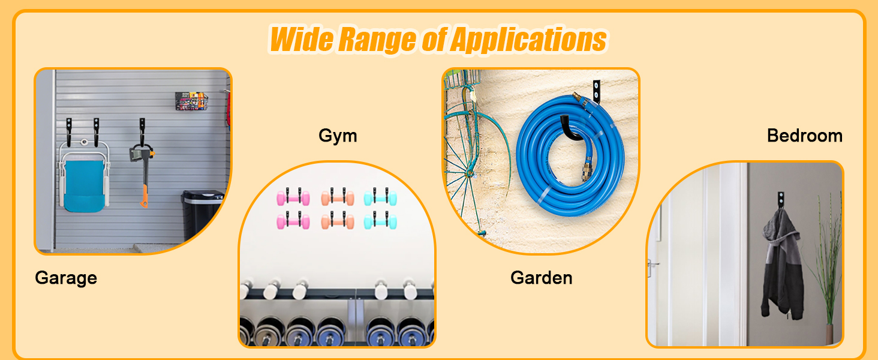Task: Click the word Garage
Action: (x=66, y=278)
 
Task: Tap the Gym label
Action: (x=338, y=136)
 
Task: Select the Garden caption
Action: (x=542, y=278)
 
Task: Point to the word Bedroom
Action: (x=805, y=136)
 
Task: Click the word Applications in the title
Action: (x=528, y=39)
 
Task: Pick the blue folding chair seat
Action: (x=84, y=185)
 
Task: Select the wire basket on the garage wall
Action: (x=191, y=101)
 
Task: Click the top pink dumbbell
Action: (x=293, y=197)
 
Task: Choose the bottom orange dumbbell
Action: (x=338, y=221)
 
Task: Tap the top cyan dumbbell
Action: (x=380, y=197)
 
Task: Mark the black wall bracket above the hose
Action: (x=596, y=91)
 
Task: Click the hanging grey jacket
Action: (x=782, y=266)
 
